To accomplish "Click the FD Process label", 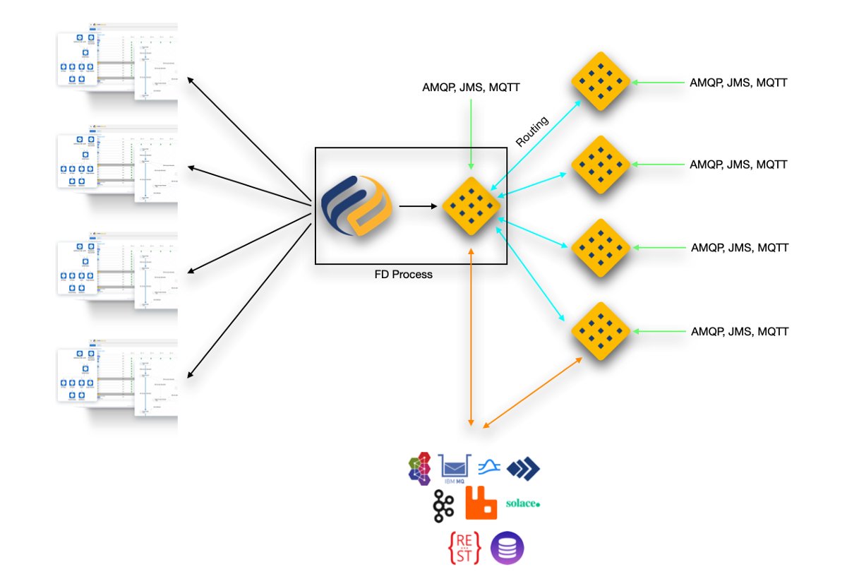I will [403, 275].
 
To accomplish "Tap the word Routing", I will [531, 131].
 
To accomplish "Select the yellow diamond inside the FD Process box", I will [471, 206].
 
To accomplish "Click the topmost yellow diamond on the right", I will [600, 82].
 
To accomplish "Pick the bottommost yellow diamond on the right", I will [600, 331].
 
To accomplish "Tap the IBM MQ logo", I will [455, 467].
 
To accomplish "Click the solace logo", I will [523, 503].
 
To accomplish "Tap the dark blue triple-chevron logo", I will [523, 467].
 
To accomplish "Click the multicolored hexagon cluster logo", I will [421, 467].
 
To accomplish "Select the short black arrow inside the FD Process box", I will [416, 206].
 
